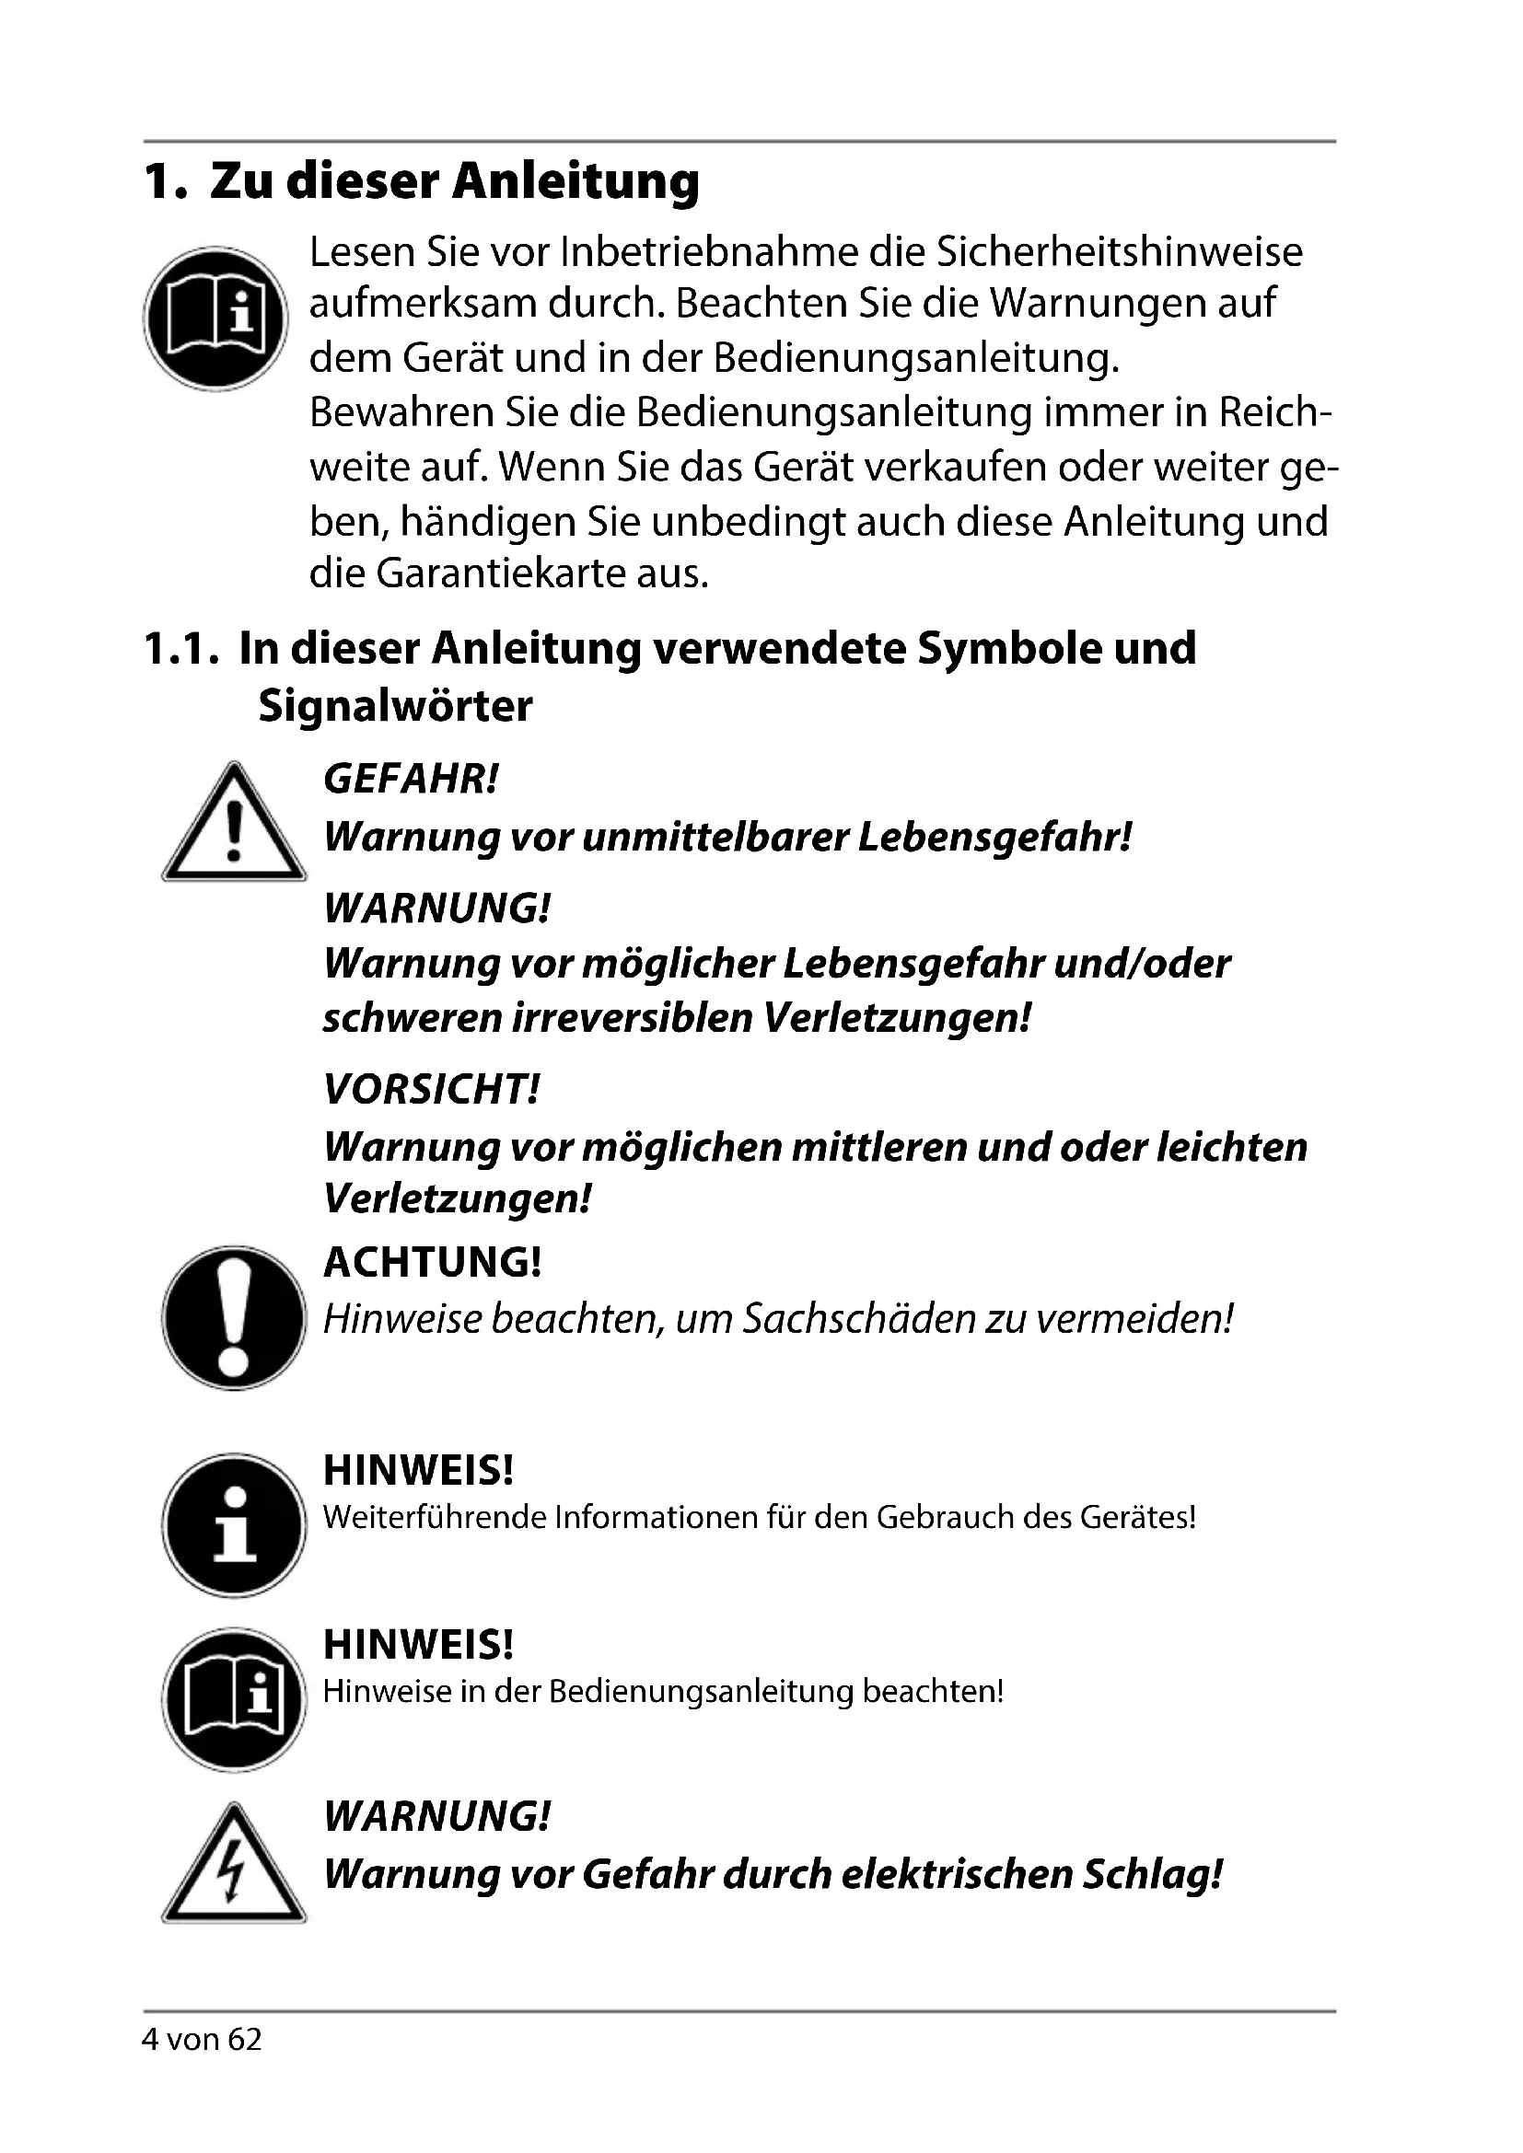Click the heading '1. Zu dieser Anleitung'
pyautogui.click(x=422, y=181)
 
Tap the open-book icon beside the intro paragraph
pyautogui.click(x=215, y=318)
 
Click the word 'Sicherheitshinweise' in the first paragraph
pyautogui.click(x=1119, y=252)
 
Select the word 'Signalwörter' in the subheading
pyautogui.click(x=395, y=705)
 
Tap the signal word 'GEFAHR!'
pyautogui.click(x=411, y=779)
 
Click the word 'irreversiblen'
pyautogui.click(x=632, y=1017)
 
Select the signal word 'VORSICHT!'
pyautogui.click(x=431, y=1089)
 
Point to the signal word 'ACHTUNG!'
pyautogui.click(x=433, y=1262)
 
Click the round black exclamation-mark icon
pyautogui.click(x=234, y=1317)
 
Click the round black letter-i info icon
pyautogui.click(x=234, y=1525)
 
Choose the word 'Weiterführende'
pyautogui.click(x=435, y=1516)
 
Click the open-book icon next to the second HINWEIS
pyautogui.click(x=234, y=1699)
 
